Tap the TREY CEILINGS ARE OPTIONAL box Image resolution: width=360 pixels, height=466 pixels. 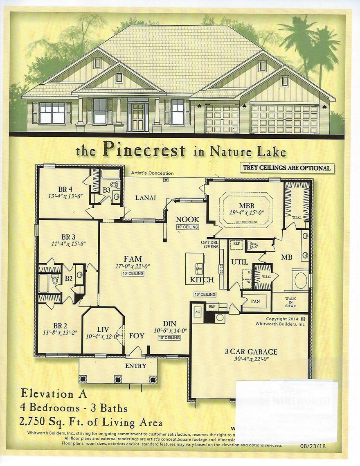[x=286, y=168]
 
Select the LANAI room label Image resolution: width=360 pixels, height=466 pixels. [x=146, y=198]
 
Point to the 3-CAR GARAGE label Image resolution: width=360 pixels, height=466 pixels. [x=251, y=351]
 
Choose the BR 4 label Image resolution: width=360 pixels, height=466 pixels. [x=65, y=189]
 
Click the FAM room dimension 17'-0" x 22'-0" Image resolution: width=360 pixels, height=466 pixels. [x=133, y=266]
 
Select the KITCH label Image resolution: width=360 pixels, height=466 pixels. [x=202, y=280]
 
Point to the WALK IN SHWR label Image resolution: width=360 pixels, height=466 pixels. [x=290, y=302]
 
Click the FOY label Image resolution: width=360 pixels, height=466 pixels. [x=137, y=336]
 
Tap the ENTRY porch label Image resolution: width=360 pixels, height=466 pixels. [x=135, y=366]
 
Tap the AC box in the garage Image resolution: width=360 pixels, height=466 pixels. [x=196, y=311]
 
